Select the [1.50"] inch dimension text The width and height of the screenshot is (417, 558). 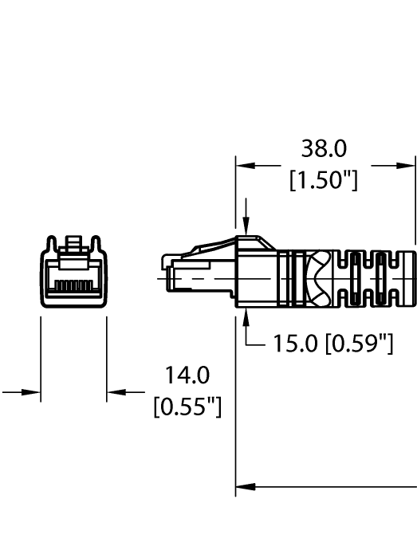[323, 180]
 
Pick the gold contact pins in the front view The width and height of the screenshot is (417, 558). [74, 285]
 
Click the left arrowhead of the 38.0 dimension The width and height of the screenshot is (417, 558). [244, 166]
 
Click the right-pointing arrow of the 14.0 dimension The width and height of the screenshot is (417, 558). [32, 391]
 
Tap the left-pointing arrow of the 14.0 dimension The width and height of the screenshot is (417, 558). [116, 391]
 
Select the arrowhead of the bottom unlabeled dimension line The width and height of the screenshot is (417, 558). [245, 485]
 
